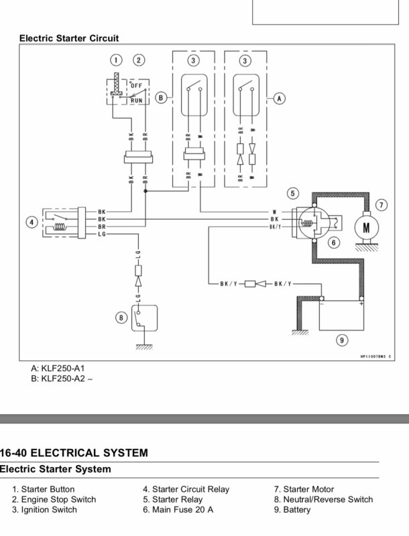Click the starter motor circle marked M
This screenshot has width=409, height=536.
(x=366, y=227)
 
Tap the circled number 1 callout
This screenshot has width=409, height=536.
(x=116, y=60)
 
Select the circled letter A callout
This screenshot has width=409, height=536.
(x=280, y=98)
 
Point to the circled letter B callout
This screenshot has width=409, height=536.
(x=161, y=98)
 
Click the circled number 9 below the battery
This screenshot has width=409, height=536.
(x=342, y=340)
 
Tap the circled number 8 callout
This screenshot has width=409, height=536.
(x=121, y=318)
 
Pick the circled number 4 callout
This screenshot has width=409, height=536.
(x=32, y=222)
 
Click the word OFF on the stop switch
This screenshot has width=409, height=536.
(x=137, y=86)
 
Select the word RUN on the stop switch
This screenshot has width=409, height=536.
(x=137, y=100)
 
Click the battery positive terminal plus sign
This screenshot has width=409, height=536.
(x=361, y=303)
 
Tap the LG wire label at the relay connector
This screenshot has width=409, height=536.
(x=102, y=234)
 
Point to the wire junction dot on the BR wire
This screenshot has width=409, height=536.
(x=145, y=191)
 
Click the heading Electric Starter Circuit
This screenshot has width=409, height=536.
(x=69, y=38)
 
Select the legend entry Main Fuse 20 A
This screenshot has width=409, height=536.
(x=178, y=510)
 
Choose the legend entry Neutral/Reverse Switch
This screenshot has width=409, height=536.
(x=323, y=499)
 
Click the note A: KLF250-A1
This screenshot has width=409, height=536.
(x=58, y=368)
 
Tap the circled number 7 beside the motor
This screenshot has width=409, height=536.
(x=382, y=205)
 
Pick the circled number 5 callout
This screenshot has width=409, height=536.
(x=293, y=194)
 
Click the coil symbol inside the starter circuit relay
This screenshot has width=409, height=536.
(x=60, y=227)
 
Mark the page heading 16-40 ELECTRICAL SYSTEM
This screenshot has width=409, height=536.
(x=74, y=453)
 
